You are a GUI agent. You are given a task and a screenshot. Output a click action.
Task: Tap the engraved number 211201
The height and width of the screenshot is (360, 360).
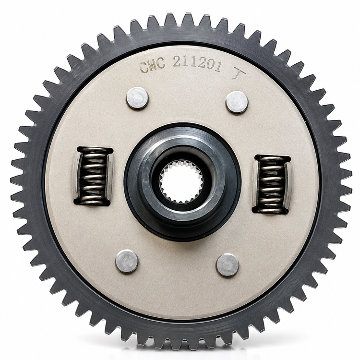(197, 63)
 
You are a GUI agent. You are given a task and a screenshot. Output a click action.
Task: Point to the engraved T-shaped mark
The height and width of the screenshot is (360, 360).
(239, 73)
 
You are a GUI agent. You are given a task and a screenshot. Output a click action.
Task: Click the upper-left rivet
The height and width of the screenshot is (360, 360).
(137, 98)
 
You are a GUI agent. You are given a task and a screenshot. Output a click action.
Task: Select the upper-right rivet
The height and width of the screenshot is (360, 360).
(237, 102)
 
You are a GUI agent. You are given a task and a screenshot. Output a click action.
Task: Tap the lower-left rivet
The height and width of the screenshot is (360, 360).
(127, 261)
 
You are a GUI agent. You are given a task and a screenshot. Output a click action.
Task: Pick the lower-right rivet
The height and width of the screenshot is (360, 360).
(228, 265)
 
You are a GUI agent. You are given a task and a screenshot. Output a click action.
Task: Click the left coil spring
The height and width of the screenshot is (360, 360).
(94, 176)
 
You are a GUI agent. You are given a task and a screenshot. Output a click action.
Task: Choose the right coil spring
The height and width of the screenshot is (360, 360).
(272, 184)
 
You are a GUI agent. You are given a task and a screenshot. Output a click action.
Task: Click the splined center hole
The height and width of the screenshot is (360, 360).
(181, 181)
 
